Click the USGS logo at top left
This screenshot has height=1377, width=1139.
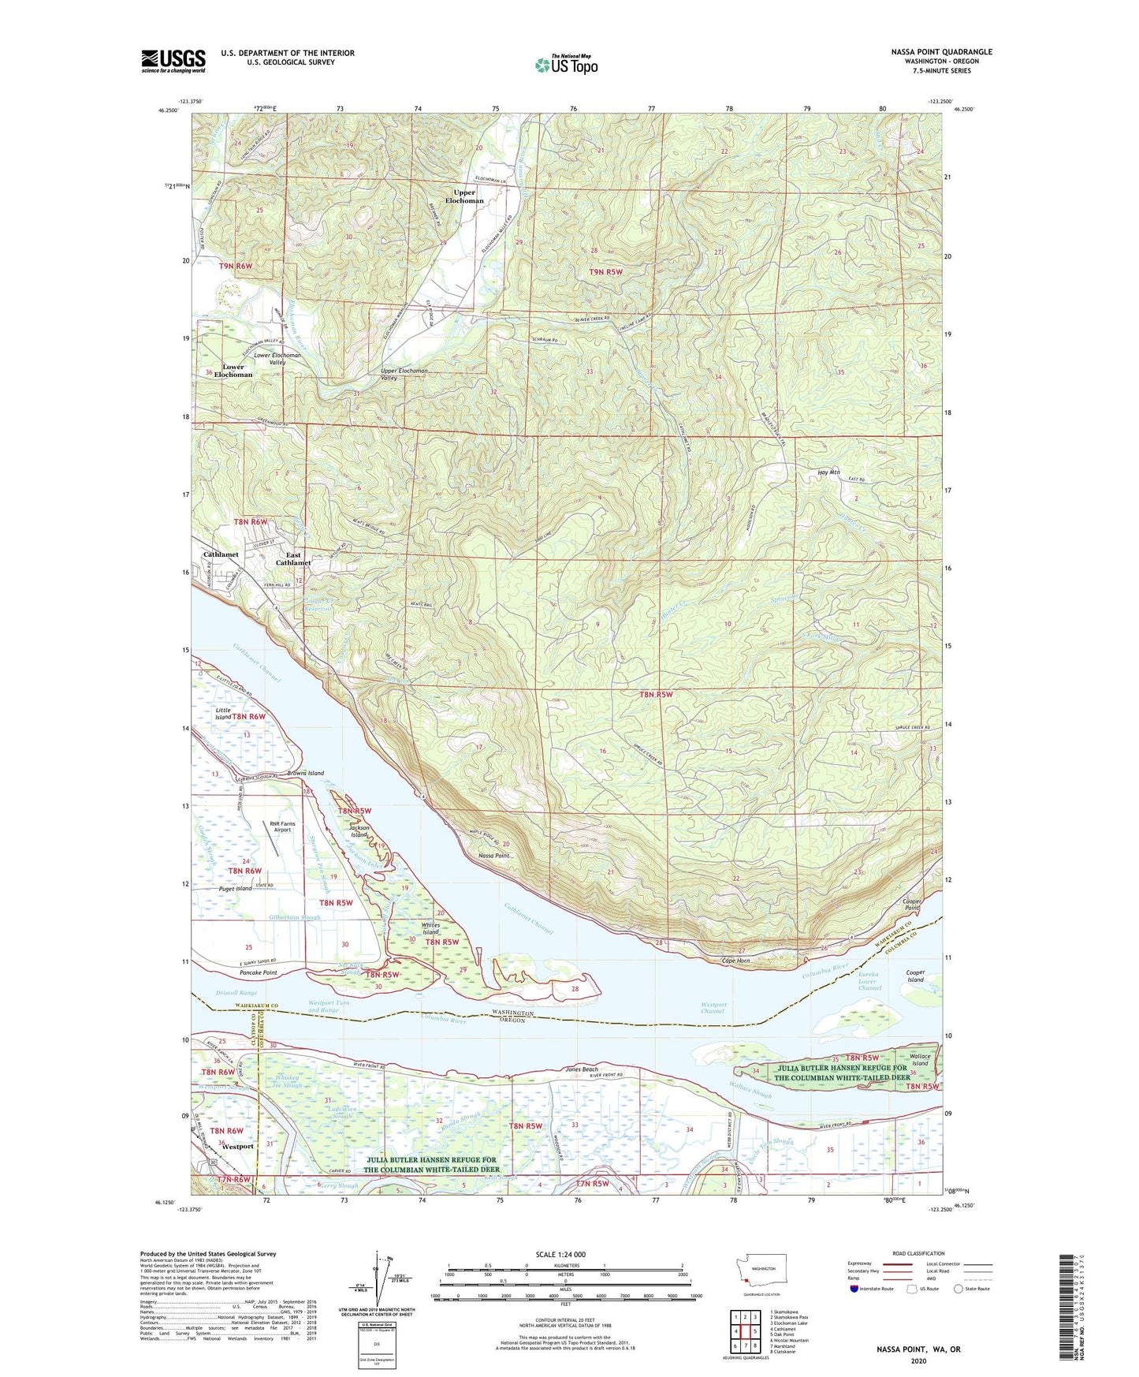click(x=173, y=60)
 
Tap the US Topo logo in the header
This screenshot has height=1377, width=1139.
click(x=565, y=65)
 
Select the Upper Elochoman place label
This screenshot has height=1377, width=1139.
click(x=464, y=196)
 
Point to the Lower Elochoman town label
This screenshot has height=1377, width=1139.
click(x=233, y=371)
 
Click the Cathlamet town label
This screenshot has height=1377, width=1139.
click(x=221, y=554)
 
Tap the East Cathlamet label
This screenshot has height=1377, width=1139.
click(x=292, y=559)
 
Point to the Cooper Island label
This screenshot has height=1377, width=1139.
click(x=914, y=976)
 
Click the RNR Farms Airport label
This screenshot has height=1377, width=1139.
click(x=282, y=826)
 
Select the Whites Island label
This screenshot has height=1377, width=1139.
click(x=430, y=928)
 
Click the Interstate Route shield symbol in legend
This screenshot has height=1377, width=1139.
click(x=854, y=1289)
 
